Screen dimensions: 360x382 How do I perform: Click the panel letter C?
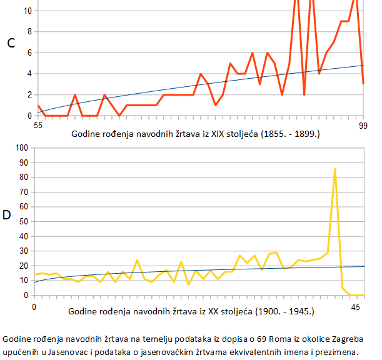pyautogui.click(x=11, y=43)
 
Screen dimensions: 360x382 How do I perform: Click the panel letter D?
pyautogui.click(x=7, y=216)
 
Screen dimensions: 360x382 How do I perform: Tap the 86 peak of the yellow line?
pyautogui.click(x=335, y=169)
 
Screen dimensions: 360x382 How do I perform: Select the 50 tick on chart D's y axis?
pyautogui.click(x=24, y=221)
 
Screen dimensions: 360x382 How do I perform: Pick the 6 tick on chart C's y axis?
pyautogui.click(x=29, y=52)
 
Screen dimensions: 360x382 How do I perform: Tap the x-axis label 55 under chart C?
pyautogui.click(x=38, y=126)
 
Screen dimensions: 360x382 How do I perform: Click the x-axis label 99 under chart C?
pyautogui.click(x=364, y=126)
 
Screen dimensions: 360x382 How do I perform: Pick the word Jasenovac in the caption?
pyautogui.click(x=65, y=352)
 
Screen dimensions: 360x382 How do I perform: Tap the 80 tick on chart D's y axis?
pyautogui.click(x=24, y=177)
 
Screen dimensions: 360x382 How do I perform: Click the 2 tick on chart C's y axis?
pyautogui.click(x=29, y=94)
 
